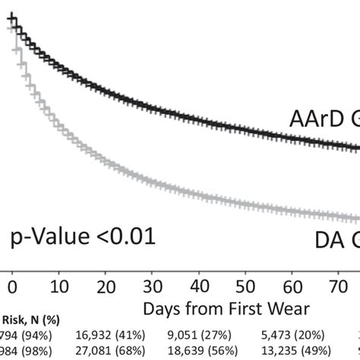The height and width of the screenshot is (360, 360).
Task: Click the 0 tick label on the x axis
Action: (11, 287)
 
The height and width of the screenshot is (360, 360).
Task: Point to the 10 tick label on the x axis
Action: (62, 287)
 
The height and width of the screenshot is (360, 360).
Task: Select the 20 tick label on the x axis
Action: (107, 287)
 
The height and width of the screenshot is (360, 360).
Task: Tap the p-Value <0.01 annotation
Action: (83, 237)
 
